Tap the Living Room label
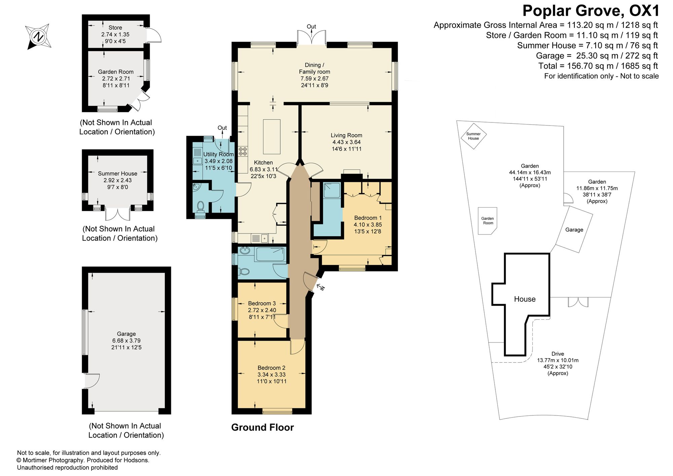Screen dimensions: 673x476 click(346, 135)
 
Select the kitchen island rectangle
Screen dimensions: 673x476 click(272, 137)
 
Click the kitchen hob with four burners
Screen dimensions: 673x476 click(243, 151)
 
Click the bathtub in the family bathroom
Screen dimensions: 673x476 click(271, 254)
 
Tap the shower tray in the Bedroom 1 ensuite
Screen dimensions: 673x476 click(332, 190)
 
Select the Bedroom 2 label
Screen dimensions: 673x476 click(271, 368)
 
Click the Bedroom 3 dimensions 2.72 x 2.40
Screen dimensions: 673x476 click(262, 310)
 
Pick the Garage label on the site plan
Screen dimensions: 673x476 click(574, 230)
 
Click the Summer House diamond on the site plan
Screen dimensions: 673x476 click(473, 136)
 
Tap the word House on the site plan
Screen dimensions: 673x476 click(525, 299)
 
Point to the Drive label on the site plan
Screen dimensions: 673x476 click(558, 354)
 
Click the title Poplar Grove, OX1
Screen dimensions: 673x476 click(591, 11)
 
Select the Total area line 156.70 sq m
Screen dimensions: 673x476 click(598, 66)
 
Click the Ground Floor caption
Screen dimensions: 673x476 click(262, 427)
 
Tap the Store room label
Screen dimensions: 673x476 click(115, 28)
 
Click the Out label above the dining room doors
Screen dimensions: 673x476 click(311, 27)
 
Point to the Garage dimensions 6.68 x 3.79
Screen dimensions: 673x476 click(127, 340)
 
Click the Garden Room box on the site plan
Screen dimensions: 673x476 click(488, 221)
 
